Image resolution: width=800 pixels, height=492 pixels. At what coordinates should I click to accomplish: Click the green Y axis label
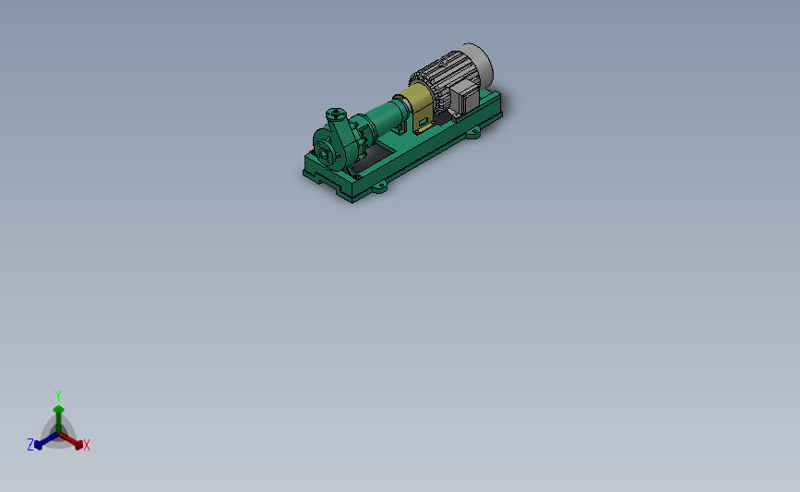coord(57,395)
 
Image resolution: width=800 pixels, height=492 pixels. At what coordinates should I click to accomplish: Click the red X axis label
coord(87,446)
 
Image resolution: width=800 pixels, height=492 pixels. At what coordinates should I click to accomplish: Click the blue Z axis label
coord(30,445)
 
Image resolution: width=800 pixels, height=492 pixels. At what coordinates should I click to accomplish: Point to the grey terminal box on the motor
coord(463,95)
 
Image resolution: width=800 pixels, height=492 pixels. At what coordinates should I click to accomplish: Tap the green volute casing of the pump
coord(341,138)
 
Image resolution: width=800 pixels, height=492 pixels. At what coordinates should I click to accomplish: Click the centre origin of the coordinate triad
coord(58,432)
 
